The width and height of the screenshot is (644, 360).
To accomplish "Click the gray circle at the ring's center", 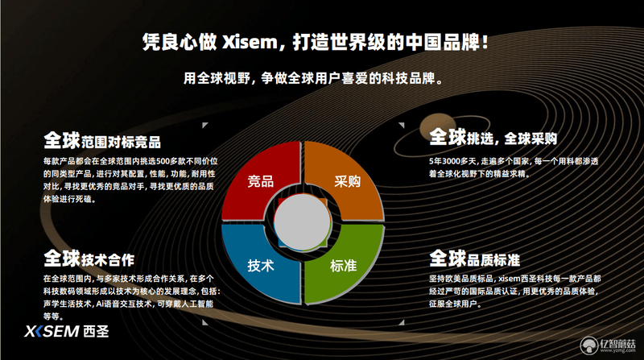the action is tap(303, 222).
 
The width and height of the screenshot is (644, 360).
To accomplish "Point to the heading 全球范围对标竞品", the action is tap(102, 141).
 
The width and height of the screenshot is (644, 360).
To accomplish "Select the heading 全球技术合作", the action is tap(89, 259).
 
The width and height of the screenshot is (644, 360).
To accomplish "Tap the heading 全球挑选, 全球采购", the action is tap(493, 137).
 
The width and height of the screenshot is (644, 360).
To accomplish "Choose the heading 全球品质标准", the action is tap(474, 259).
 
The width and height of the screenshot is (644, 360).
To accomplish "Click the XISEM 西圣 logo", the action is tap(67, 331).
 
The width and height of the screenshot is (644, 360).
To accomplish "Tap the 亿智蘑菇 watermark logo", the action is tap(608, 346).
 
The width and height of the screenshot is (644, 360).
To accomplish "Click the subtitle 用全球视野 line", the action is tap(314, 77).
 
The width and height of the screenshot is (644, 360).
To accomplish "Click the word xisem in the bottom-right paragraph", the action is tap(510, 279).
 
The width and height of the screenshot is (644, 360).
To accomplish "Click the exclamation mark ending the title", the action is tap(485, 43).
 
